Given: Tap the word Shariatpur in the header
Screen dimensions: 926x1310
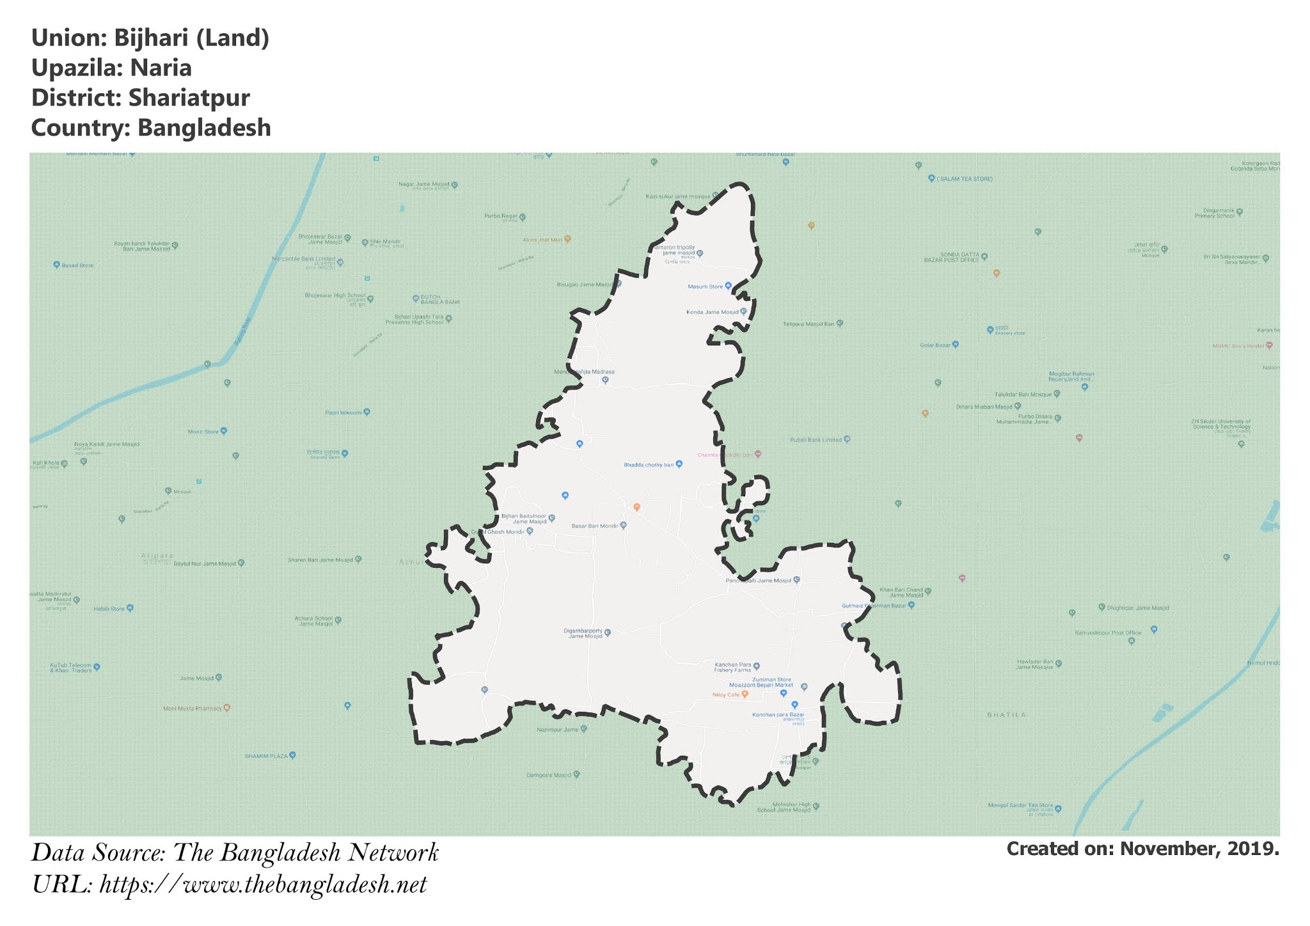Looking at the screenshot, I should click(189, 98).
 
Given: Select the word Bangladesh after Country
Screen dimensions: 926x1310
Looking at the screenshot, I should click(204, 128).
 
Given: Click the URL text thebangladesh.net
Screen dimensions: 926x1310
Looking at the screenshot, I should click(263, 885).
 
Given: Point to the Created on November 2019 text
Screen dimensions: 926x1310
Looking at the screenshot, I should click(1142, 849).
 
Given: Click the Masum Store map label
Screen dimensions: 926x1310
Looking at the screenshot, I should click(706, 286).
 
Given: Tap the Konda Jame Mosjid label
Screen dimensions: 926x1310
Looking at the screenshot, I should click(712, 312).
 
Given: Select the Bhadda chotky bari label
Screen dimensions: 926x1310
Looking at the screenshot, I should click(649, 465).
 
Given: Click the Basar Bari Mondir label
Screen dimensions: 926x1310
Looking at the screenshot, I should click(595, 526).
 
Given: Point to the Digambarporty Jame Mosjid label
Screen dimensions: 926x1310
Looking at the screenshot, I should click(583, 633).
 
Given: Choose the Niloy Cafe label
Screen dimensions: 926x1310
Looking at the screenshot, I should click(725, 694).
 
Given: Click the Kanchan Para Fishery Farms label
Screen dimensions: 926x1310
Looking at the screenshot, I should click(733, 668).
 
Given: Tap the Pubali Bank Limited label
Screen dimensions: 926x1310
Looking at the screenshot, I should click(816, 440).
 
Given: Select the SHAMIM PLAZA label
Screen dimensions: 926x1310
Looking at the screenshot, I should click(266, 756).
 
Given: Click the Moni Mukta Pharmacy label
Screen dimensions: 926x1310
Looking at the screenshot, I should click(193, 709).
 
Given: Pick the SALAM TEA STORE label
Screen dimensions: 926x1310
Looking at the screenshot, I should click(965, 179).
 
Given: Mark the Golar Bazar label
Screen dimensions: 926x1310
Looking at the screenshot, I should click(935, 345).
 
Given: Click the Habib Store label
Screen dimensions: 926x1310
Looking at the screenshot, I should click(109, 609).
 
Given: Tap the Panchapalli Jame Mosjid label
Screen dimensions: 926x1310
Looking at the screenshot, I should click(759, 581).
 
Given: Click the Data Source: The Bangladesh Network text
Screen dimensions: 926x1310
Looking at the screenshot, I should click(235, 853).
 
